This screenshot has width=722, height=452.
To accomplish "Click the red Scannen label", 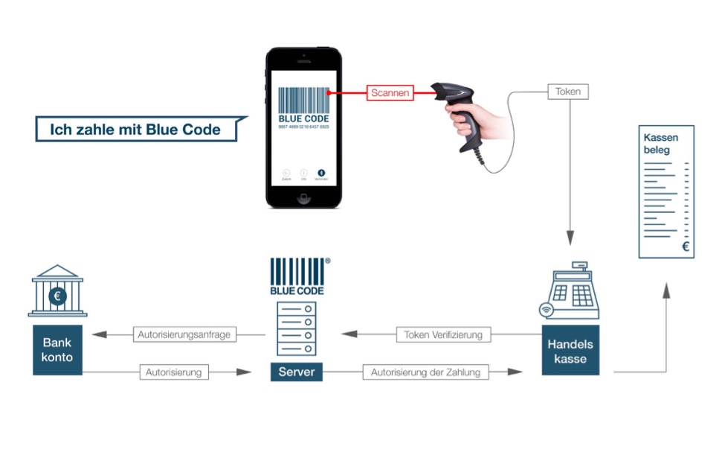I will click(x=389, y=94).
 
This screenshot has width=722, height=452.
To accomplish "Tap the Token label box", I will click(x=568, y=92).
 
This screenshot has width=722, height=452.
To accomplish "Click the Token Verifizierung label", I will click(x=443, y=335).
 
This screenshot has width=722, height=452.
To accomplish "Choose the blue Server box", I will click(x=296, y=372).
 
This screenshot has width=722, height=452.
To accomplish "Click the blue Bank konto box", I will click(x=57, y=351).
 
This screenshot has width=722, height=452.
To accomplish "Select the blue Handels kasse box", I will click(x=570, y=351).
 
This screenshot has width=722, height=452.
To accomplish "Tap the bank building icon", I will click(x=57, y=291).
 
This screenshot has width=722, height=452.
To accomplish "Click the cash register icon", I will click(x=570, y=291).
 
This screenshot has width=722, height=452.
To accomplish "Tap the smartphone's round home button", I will click(x=303, y=198).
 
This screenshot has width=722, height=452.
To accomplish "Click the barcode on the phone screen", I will click(x=303, y=101).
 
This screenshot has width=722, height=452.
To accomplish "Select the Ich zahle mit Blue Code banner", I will click(x=136, y=130).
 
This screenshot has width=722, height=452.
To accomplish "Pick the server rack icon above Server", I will click(x=296, y=328).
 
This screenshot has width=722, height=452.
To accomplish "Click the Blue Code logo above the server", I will click(x=297, y=276).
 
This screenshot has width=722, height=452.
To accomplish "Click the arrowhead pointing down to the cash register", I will click(x=570, y=241).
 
